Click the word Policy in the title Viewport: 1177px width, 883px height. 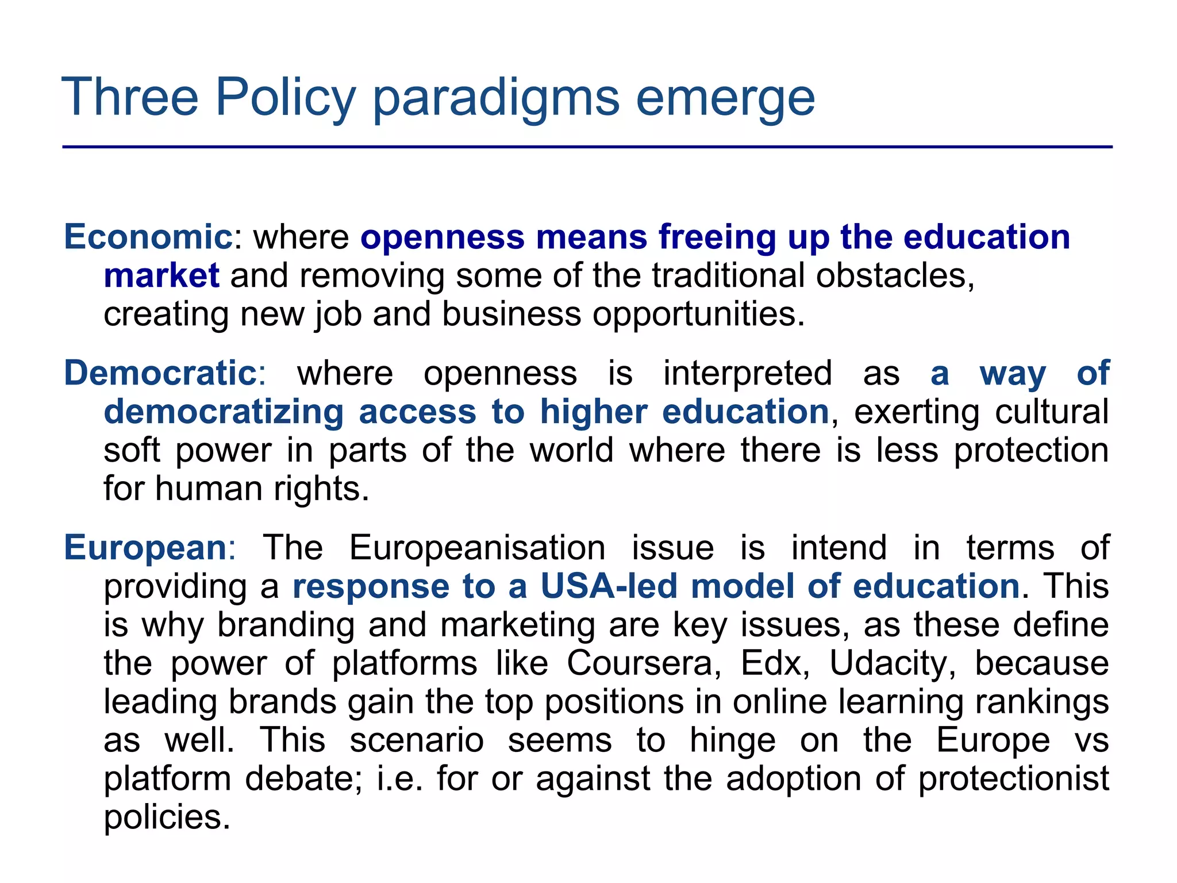click(x=286, y=98)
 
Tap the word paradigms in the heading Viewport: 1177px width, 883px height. click(x=496, y=98)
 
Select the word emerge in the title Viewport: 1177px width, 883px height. click(x=725, y=98)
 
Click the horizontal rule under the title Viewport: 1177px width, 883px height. click(x=587, y=147)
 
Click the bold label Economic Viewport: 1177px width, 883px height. click(x=148, y=237)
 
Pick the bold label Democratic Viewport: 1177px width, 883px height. click(x=160, y=373)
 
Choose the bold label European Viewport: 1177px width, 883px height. click(x=145, y=547)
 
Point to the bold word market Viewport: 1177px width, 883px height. click(x=161, y=276)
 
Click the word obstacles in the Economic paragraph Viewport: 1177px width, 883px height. click(x=895, y=276)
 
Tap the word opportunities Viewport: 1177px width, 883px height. click(x=698, y=314)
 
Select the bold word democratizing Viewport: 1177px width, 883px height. click(x=224, y=412)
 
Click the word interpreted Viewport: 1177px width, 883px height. click(x=747, y=373)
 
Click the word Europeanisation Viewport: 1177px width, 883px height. click(x=477, y=547)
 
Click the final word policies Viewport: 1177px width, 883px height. click(x=167, y=817)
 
